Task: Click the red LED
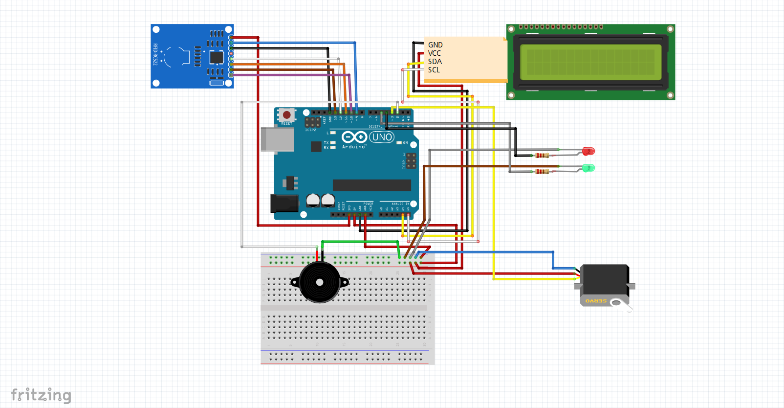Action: coord(588,151)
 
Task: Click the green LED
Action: coord(588,168)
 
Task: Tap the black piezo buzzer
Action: coord(320,282)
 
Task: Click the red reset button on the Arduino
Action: coord(287,115)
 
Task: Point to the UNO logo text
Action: coord(382,137)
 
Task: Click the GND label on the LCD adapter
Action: coord(435,45)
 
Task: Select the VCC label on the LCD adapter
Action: coord(434,53)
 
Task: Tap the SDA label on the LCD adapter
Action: coord(435,62)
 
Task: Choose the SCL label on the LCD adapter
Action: coord(434,70)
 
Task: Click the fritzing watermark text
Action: coord(41,395)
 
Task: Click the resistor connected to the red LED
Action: coord(542,156)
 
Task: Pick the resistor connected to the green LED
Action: coord(542,171)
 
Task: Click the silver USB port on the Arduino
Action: coord(277,139)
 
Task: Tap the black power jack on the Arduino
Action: coord(284,203)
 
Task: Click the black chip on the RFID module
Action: coord(217,57)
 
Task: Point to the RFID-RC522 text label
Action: coord(155,55)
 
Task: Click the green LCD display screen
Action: coord(590,62)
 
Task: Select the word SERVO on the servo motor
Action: coord(596,301)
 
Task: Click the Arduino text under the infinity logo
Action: coord(354,147)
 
